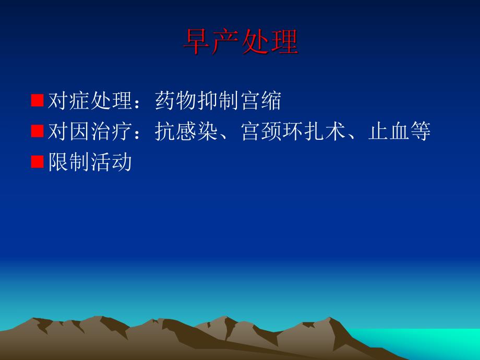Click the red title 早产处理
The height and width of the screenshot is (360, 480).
pos(240,42)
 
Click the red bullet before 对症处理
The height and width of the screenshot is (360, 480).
pos(37,100)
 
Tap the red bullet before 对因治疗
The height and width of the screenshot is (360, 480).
pos(37,131)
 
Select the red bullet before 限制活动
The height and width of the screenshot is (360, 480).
pos(37,162)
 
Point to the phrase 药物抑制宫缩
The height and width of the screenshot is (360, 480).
pos(218,101)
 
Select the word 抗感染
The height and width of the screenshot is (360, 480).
pos(187,131)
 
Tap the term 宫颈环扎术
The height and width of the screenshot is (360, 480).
pos(294,131)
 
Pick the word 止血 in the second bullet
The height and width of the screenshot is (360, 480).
pos(389,131)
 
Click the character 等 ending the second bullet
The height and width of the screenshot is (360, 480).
pos(421,131)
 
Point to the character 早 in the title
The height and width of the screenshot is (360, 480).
pos(197,42)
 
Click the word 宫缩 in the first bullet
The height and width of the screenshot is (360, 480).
pos(261,101)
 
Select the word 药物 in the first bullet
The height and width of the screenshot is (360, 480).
pos(176,101)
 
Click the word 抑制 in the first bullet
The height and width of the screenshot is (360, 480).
pos(219,101)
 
